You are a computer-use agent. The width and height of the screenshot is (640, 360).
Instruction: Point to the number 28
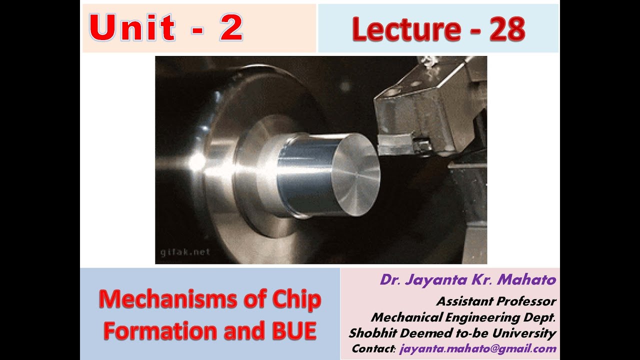[x=507, y=29]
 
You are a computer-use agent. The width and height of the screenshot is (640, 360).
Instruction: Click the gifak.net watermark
[x=185, y=252]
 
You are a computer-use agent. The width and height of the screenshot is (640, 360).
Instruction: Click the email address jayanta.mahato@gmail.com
[x=477, y=349]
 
